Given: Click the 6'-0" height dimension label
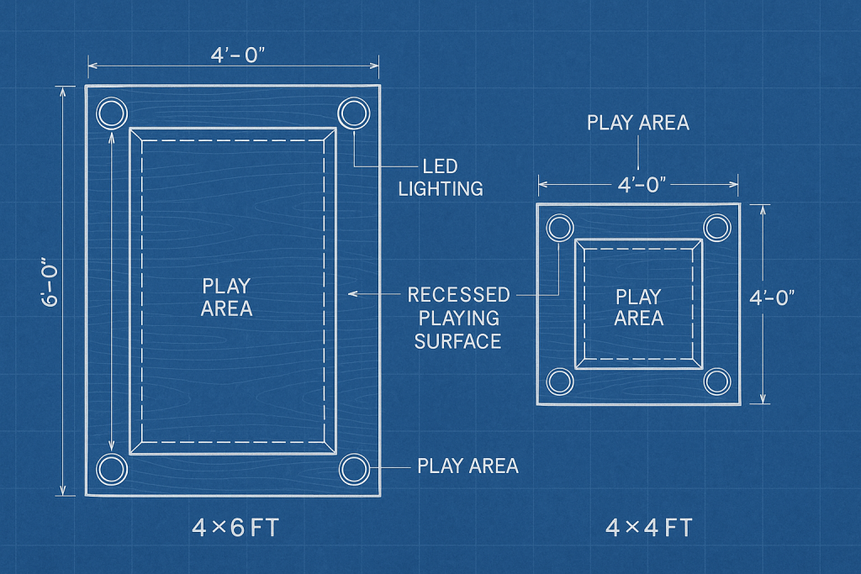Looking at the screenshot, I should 52,288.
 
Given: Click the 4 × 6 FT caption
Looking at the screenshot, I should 235,529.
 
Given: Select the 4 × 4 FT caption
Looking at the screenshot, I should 649,529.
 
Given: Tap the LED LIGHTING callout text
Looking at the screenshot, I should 441,177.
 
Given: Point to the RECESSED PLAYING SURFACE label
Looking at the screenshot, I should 458,318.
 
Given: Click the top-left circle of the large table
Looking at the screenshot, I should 111,112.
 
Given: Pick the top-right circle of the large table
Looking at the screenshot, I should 353,112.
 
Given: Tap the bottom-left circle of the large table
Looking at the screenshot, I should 111,469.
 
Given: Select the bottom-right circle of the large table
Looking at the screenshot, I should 353,468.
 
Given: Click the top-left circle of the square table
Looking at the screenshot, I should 560,227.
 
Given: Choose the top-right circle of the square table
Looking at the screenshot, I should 717,227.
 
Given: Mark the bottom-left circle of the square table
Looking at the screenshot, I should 560,382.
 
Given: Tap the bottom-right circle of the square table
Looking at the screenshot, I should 717,382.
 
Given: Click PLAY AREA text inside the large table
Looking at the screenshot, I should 226,297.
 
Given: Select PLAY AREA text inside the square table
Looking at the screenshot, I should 639,308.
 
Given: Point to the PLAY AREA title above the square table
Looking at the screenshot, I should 638,123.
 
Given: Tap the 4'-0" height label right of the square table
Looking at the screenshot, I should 771,297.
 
